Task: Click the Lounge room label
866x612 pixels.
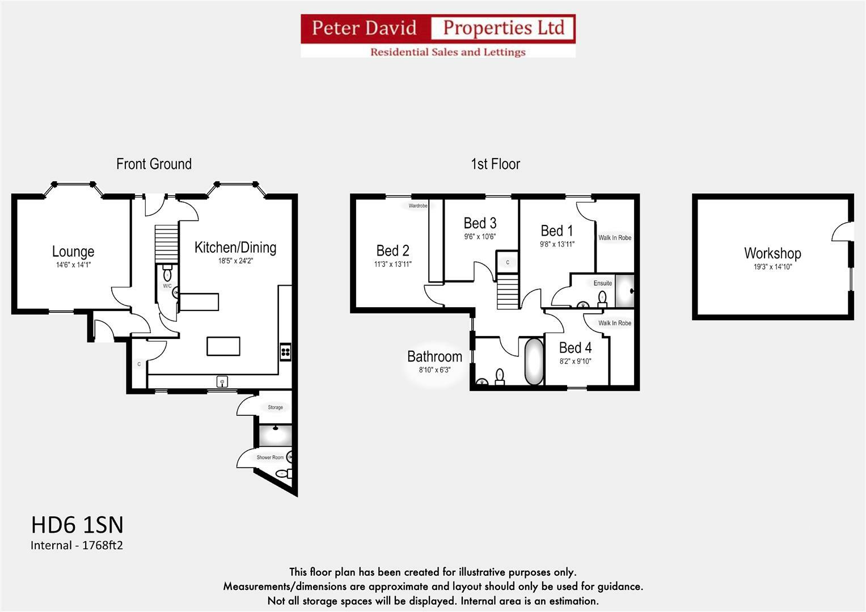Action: [73, 252]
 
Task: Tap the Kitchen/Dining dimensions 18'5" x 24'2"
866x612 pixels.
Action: [235, 261]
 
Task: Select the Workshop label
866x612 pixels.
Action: [772, 253]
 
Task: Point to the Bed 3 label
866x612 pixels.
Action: [480, 223]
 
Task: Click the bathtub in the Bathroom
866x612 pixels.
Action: [534, 362]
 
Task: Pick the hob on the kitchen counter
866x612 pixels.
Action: [286, 352]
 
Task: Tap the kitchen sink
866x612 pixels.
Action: [222, 382]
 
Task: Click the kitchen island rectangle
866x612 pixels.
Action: [223, 346]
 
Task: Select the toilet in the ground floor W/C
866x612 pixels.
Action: [167, 273]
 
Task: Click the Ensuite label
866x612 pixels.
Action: [603, 283]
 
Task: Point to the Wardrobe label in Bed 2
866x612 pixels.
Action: [418, 206]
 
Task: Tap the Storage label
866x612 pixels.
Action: [275, 407]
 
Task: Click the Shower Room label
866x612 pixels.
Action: [270, 457]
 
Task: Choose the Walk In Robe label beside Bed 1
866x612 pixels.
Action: [615, 237]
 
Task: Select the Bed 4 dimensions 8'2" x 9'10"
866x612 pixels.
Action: [575, 362]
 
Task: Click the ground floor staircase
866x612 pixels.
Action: [166, 244]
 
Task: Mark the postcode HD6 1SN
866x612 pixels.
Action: [77, 525]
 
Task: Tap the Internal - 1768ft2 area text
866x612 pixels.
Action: [77, 545]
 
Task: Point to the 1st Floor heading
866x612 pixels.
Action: [495, 164]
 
